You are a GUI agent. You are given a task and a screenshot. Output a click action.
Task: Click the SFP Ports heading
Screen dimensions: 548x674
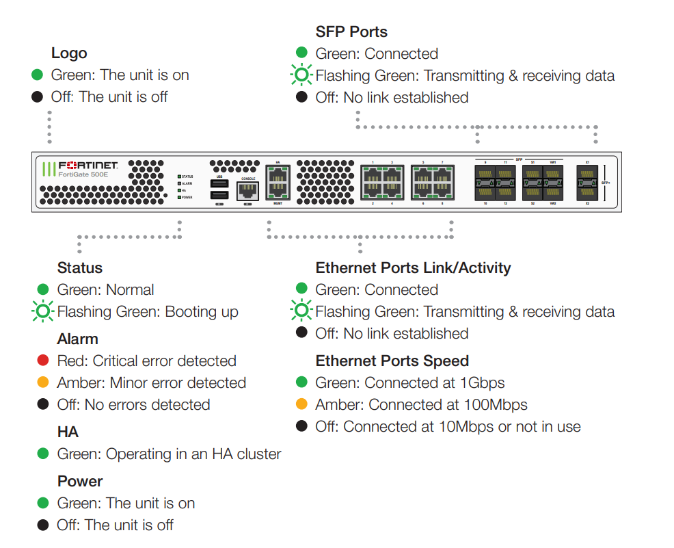click(351, 31)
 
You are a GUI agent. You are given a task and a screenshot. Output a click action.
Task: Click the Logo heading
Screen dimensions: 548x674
click(69, 53)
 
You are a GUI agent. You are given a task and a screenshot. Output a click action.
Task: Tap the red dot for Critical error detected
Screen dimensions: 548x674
click(43, 361)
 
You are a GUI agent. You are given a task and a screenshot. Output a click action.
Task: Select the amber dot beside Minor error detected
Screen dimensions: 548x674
click(43, 382)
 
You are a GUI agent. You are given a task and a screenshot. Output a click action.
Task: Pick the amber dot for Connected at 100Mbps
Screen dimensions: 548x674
click(301, 404)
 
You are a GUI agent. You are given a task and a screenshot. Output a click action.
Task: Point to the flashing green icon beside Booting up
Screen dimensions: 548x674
click(42, 312)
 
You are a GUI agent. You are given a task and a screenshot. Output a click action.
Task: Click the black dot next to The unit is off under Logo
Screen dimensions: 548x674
click(38, 97)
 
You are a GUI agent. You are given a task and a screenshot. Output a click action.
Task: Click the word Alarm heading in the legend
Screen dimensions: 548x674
click(78, 339)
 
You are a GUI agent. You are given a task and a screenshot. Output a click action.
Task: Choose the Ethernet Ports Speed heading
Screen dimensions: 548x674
click(392, 361)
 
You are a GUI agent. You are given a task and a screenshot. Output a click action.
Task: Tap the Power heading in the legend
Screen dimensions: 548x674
click(80, 481)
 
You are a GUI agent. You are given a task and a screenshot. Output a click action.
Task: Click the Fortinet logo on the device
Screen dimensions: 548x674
click(87, 166)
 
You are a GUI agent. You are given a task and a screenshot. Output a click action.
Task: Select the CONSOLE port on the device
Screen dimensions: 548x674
click(248, 191)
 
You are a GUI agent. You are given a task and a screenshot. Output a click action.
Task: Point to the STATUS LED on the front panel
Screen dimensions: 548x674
click(180, 177)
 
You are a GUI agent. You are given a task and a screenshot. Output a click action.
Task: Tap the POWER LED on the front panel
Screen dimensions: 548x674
click(180, 197)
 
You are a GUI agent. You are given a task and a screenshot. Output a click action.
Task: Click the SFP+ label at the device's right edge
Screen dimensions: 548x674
click(605, 183)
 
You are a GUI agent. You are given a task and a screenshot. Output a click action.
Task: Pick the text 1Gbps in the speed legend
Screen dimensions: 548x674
click(483, 382)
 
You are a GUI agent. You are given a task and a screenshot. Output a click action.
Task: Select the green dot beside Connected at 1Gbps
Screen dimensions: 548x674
click(301, 382)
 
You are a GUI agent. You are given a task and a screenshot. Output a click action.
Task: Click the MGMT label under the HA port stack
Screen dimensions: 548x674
click(278, 204)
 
